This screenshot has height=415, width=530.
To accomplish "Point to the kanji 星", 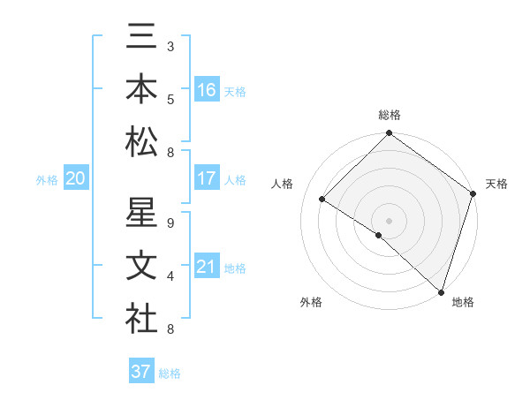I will (x=141, y=215).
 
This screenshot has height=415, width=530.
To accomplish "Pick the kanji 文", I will (x=141, y=267).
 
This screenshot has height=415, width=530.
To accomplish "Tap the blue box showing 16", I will (x=207, y=89).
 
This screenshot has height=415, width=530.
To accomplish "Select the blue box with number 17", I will (x=207, y=177).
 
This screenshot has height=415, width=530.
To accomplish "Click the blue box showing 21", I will (x=207, y=267).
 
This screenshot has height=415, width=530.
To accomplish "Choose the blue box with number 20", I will (x=76, y=178).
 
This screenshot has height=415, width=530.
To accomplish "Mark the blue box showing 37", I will (x=141, y=372).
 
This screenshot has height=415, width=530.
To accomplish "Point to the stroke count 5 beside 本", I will (x=170, y=98).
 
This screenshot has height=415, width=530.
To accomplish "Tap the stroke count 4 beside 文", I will (x=170, y=276).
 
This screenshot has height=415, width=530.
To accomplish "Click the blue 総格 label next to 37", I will (x=170, y=373).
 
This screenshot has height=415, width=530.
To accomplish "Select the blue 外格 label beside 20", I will (x=47, y=180).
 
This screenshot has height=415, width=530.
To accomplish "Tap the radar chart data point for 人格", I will (x=322, y=200).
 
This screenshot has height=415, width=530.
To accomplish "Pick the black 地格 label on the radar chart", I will (x=463, y=302).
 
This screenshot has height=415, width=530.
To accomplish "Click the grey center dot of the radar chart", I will (x=389, y=219).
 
